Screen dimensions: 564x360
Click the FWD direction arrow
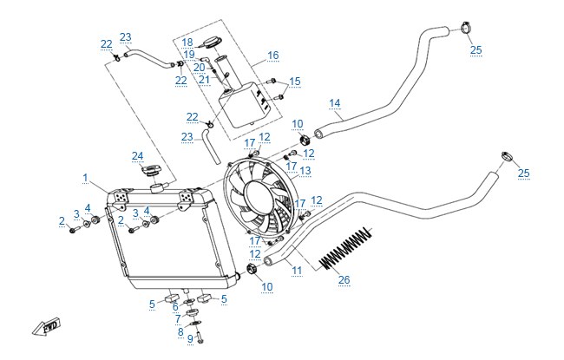46,327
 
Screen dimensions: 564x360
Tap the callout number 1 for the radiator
85,178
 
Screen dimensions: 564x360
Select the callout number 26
344,279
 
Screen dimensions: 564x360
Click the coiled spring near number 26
345,248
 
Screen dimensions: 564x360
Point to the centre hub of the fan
258,198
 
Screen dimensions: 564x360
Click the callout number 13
305,171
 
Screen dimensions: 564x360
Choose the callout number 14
335,103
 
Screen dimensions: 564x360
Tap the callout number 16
273,56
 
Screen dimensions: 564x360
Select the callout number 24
137,156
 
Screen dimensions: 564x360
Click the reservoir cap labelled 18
212,43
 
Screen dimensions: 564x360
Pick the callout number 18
187,43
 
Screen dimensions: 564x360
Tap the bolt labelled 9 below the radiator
200,338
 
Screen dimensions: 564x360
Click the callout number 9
190,339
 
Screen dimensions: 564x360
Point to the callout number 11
297,270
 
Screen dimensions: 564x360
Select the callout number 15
295,82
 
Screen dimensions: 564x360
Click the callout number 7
178,319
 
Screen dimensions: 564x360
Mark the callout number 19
189,55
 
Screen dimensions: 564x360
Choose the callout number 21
204,80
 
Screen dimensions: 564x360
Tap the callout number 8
180,332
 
